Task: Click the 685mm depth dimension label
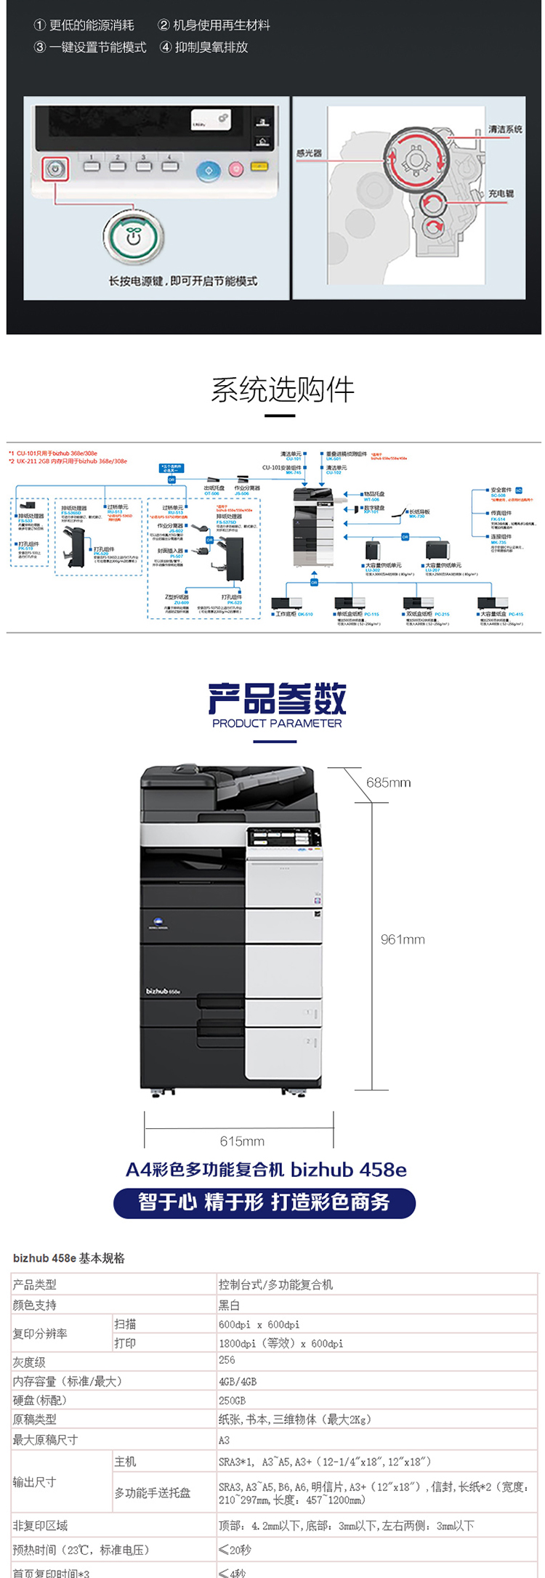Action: pyautogui.click(x=388, y=782)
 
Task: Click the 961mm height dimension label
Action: pyautogui.click(x=403, y=939)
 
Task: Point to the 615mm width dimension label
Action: pyautogui.click(x=242, y=1141)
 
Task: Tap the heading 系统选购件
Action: pyautogui.click(x=283, y=390)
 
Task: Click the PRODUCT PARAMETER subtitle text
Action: pyautogui.click(x=277, y=723)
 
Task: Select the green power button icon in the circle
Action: pyautogui.click(x=133, y=237)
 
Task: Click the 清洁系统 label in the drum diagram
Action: pyautogui.click(x=505, y=129)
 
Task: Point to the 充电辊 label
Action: pyautogui.click(x=501, y=194)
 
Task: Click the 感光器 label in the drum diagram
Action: pyautogui.click(x=309, y=153)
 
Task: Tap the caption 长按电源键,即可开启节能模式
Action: pyautogui.click(x=183, y=281)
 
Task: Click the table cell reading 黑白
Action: pyautogui.click(x=229, y=1305)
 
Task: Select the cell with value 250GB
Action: pyautogui.click(x=232, y=1400)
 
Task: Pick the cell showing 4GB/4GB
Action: pyautogui.click(x=238, y=1381)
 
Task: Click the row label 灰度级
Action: pyautogui.click(x=29, y=1362)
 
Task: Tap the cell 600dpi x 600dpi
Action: pyautogui.click(x=259, y=1324)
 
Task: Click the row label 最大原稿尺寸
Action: pyautogui.click(x=45, y=1439)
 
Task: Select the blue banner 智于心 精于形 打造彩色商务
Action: pyautogui.click(x=265, y=1202)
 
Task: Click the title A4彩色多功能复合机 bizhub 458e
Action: pyautogui.click(x=266, y=1170)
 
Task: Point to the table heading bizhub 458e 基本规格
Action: pyautogui.click(x=69, y=1258)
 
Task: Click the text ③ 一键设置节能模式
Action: pyautogui.click(x=90, y=47)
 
